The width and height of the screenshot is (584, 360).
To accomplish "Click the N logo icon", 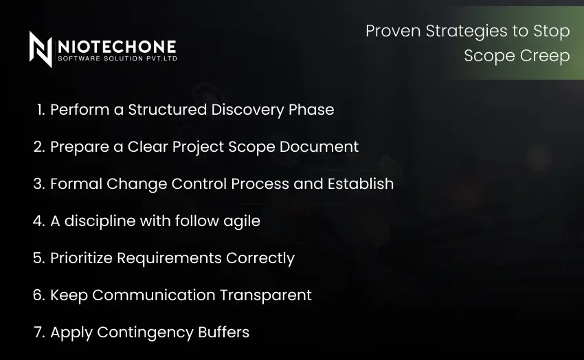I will [x=41, y=49].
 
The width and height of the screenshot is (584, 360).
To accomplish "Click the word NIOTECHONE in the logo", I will [x=117, y=46].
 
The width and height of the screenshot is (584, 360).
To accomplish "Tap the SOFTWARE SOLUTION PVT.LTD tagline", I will [x=117, y=60].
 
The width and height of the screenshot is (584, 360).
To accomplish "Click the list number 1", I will [x=40, y=109].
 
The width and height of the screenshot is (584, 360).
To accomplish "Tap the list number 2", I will [x=39, y=146].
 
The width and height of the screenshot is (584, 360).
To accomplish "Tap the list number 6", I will [x=39, y=295].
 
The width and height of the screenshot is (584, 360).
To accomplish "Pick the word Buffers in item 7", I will [x=223, y=333].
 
